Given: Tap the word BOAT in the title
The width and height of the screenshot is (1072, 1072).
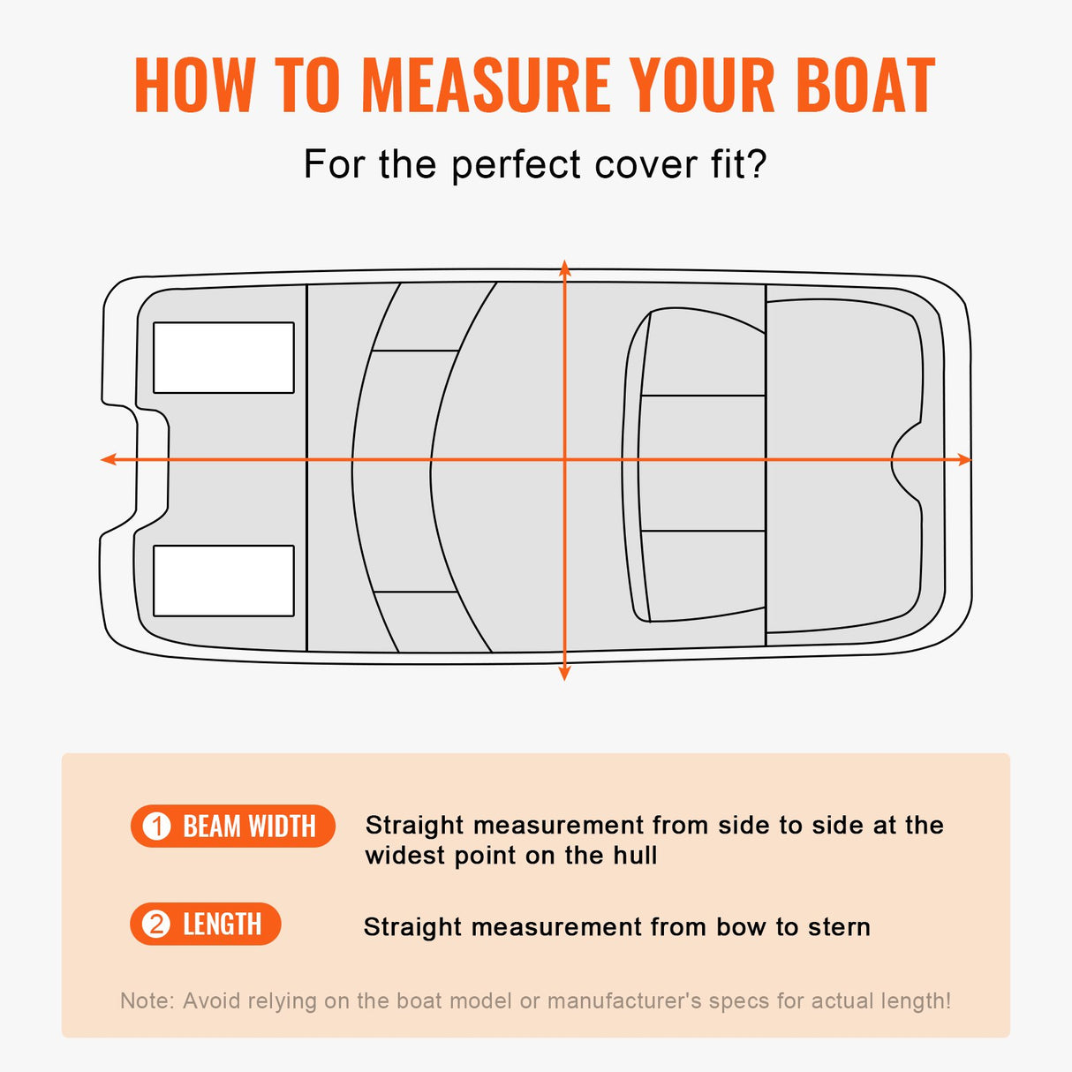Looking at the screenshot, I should [x=864, y=86].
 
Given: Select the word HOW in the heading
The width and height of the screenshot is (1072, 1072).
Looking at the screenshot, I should [x=193, y=86].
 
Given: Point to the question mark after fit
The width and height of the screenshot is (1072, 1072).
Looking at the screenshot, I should [x=758, y=164].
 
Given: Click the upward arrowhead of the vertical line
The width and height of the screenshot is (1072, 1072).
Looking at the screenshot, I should [x=565, y=268].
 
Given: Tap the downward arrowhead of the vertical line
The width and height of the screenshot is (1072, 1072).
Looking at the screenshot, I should [x=565, y=674].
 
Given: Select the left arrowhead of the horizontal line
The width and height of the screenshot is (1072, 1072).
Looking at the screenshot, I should [x=108, y=459].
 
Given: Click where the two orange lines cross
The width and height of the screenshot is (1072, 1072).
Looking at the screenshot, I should [x=565, y=459].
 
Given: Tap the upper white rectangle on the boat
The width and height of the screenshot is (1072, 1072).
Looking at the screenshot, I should [x=223, y=358].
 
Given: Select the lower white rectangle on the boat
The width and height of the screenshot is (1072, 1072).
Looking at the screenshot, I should [x=223, y=580].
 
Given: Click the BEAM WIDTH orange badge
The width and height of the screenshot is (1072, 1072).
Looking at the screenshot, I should [x=233, y=827].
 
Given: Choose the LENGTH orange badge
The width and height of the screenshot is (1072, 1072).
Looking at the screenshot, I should [x=206, y=925].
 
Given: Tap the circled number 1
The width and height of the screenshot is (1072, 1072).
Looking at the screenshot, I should [x=157, y=827].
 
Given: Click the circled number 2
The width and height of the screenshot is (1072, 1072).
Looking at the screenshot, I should [x=156, y=925].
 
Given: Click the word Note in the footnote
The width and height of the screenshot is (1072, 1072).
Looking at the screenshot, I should [x=146, y=1000].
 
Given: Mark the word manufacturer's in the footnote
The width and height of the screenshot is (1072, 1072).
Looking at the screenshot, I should [x=624, y=1000].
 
